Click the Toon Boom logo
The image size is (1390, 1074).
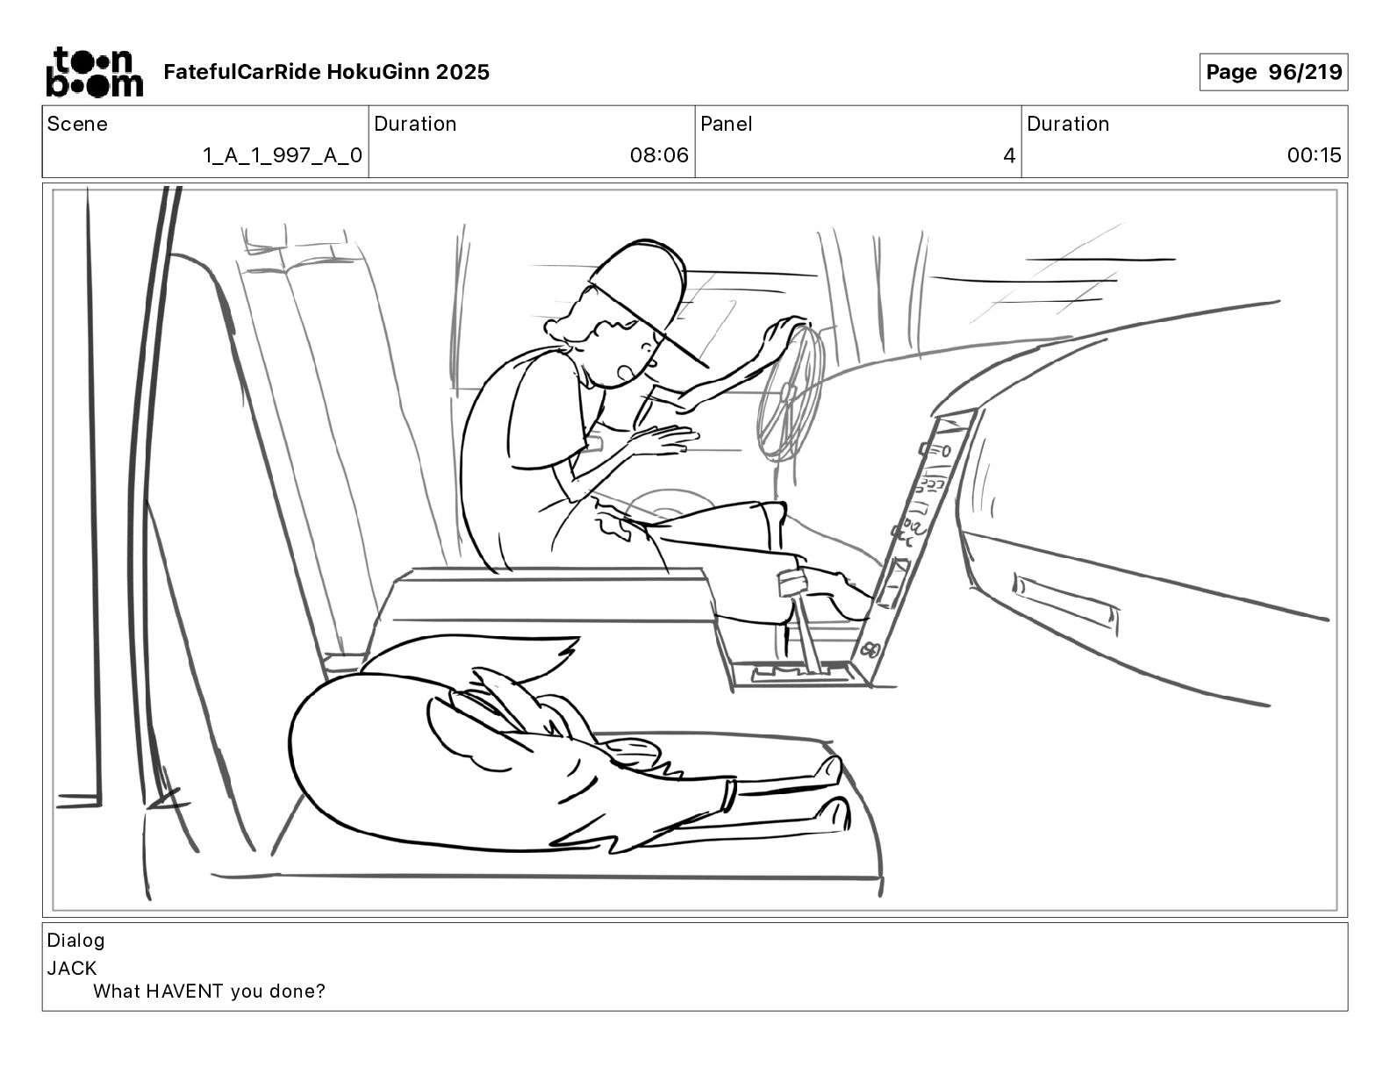[93, 72]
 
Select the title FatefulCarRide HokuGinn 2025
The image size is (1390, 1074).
[326, 72]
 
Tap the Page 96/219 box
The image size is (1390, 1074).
[1272, 72]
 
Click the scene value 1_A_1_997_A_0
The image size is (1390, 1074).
[283, 156]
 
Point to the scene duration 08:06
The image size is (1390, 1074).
[659, 156]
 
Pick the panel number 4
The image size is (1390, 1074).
[1008, 156]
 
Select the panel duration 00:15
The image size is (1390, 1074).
[1314, 156]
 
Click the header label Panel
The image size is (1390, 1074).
[727, 124]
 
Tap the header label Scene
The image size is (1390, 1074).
[77, 124]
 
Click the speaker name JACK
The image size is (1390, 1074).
[72, 969]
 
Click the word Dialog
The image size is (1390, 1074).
[75, 941]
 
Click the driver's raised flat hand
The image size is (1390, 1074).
[667, 439]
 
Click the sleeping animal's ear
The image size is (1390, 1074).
[634, 748]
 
